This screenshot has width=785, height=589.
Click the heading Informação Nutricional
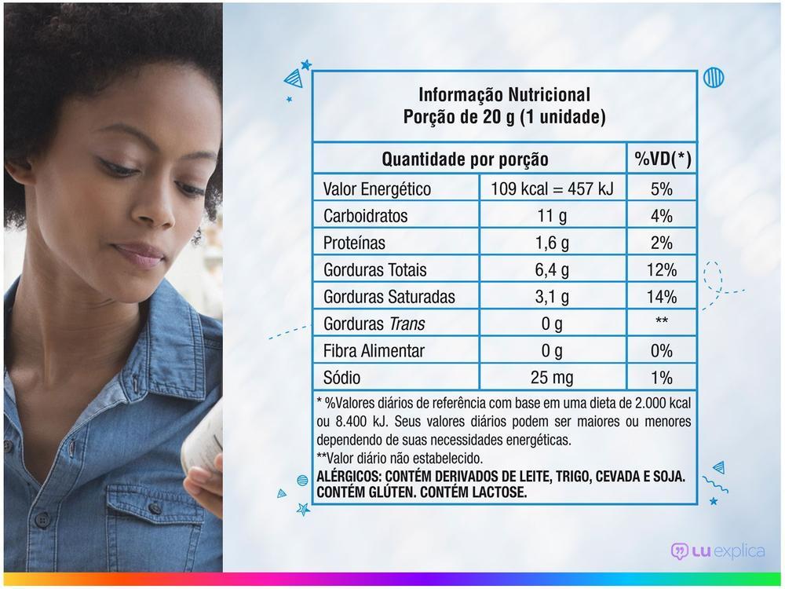pyautogui.click(x=504, y=95)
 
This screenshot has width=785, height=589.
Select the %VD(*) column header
pyautogui.click(x=663, y=159)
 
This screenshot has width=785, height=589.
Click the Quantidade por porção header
pyautogui.click(x=465, y=159)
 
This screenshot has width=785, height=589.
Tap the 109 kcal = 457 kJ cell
pyautogui.click(x=552, y=189)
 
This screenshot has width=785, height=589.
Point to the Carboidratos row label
pyautogui.click(x=366, y=216)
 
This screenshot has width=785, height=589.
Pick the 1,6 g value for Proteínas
pyautogui.click(x=552, y=243)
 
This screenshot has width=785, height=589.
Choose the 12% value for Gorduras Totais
pyautogui.click(x=662, y=270)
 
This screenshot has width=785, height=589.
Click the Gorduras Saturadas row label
pyautogui.click(x=389, y=297)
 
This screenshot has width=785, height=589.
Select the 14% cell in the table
pyautogui.click(x=662, y=297)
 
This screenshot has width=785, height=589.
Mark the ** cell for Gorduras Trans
pyautogui.click(x=662, y=324)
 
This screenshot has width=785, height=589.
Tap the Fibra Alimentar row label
pyautogui.click(x=374, y=351)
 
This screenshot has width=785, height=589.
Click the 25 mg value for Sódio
pyautogui.click(x=552, y=378)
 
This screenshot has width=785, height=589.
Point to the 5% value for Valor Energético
pyautogui.click(x=662, y=189)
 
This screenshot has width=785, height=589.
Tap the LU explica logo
pyautogui.click(x=717, y=551)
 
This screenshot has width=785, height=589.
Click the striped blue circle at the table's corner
pyautogui.click(x=714, y=77)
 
